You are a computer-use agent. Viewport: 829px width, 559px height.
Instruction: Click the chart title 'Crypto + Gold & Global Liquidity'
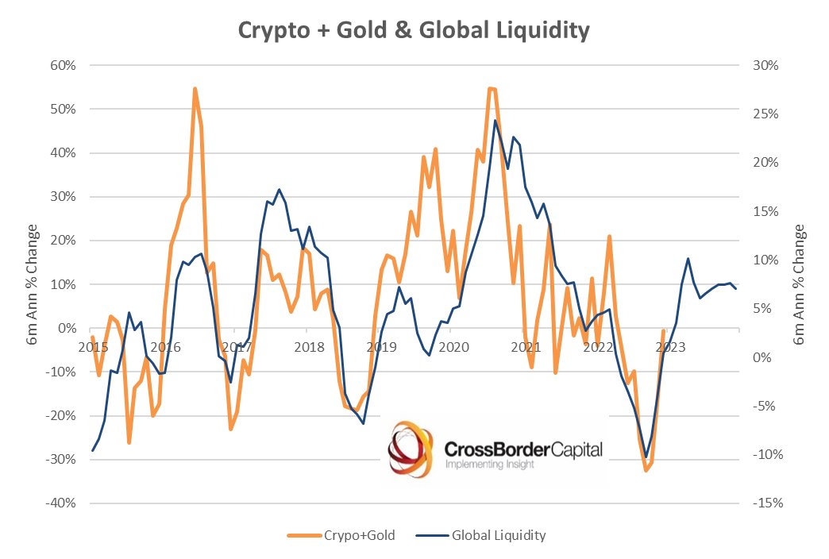point(414,30)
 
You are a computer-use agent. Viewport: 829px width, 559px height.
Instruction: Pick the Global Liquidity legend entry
point(487,535)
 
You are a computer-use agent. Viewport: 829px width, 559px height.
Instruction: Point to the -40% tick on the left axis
point(60,503)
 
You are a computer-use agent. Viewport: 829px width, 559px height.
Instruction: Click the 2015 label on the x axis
point(92,346)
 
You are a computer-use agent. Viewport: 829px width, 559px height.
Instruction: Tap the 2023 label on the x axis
point(671,346)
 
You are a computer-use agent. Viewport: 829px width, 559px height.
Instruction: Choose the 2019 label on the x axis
point(381,346)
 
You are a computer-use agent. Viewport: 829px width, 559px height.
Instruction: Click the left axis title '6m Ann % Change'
point(33,284)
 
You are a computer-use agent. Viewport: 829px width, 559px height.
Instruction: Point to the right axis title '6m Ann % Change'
point(800,284)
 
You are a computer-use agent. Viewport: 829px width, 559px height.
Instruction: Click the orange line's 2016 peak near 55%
point(195,89)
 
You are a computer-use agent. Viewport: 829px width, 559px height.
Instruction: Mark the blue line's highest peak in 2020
point(495,121)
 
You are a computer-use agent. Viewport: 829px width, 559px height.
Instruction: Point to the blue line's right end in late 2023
point(736,288)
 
